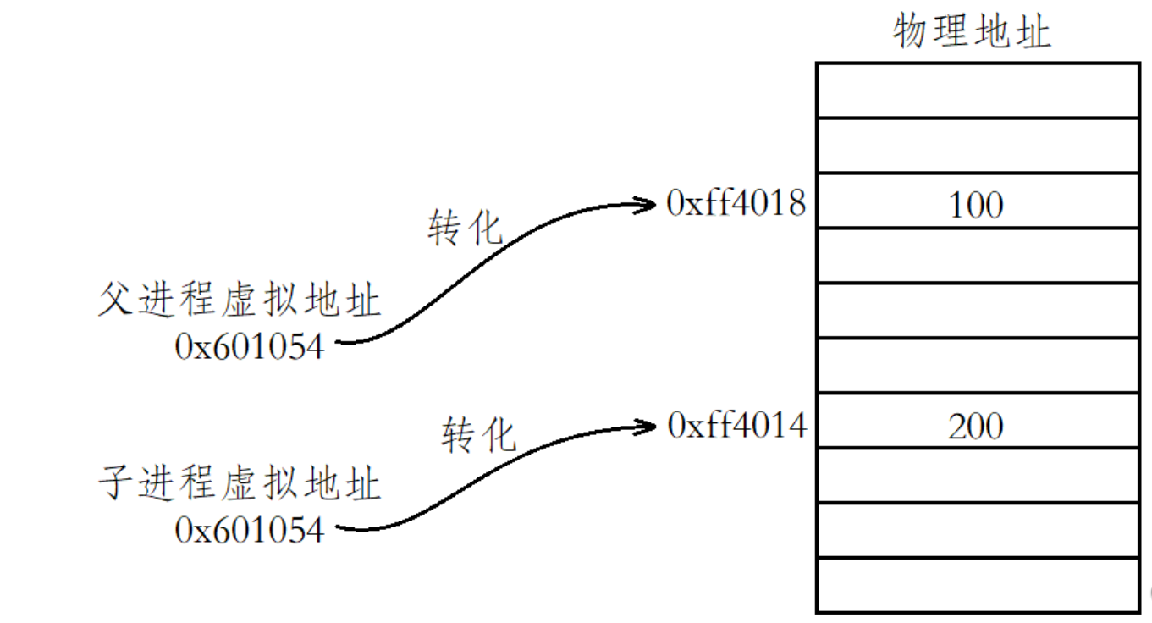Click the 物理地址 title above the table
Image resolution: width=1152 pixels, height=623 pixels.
(972, 33)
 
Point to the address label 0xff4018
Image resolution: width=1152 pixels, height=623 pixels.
(736, 203)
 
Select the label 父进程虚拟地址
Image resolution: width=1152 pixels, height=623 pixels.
(239, 301)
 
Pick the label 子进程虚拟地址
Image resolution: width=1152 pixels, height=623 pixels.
(239, 485)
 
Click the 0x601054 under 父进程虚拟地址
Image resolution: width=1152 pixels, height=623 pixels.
(250, 346)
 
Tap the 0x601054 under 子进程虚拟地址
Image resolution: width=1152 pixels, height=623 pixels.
(250, 530)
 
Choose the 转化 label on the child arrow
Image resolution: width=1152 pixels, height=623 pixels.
(478, 435)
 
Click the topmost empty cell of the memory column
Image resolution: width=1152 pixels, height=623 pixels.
(977, 91)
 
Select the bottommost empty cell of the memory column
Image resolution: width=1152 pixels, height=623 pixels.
(977, 584)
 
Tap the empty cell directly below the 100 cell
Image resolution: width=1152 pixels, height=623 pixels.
(977, 256)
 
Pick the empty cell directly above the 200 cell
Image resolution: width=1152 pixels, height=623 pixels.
(977, 366)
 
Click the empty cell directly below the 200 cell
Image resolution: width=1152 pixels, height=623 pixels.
(977, 475)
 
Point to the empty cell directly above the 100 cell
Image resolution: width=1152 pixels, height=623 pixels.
(977, 146)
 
